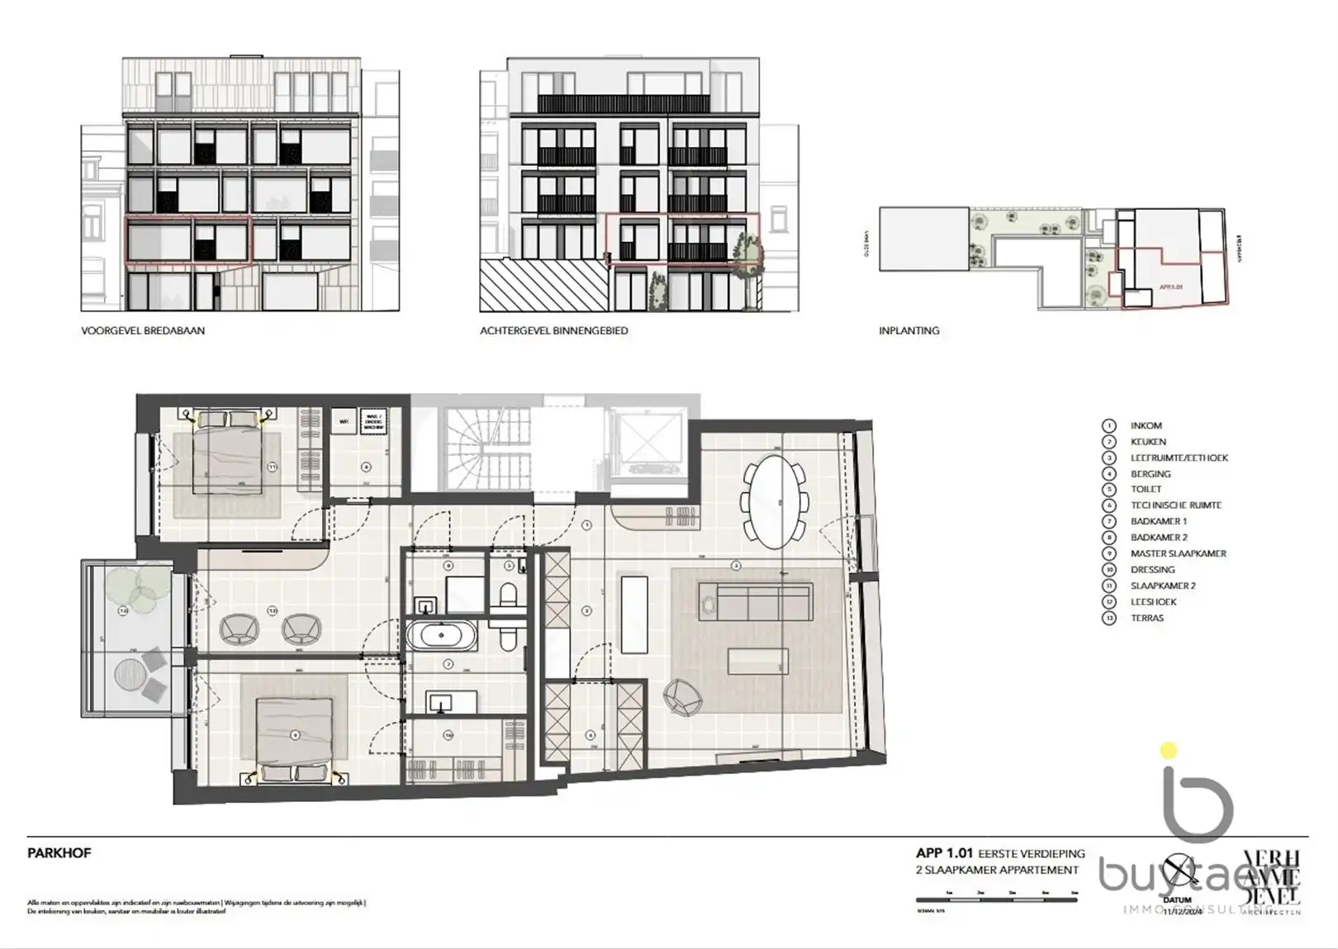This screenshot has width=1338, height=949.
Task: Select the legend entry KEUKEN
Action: click(x=1148, y=442)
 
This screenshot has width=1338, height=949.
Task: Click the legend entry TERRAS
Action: click(x=1146, y=618)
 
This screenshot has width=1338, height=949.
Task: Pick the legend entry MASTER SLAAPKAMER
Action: click(x=1178, y=553)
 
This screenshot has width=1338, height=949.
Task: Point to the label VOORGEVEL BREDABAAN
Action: click(x=143, y=330)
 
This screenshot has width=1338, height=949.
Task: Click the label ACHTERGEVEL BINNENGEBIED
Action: click(x=553, y=330)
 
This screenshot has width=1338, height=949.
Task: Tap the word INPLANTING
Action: click(x=909, y=330)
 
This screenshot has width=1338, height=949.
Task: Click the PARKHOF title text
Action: click(x=59, y=853)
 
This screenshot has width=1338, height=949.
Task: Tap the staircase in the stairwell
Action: click(x=469, y=451)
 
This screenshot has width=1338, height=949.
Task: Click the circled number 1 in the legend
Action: click(x=1109, y=425)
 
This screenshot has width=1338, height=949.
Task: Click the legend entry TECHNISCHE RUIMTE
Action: click(x=1175, y=505)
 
